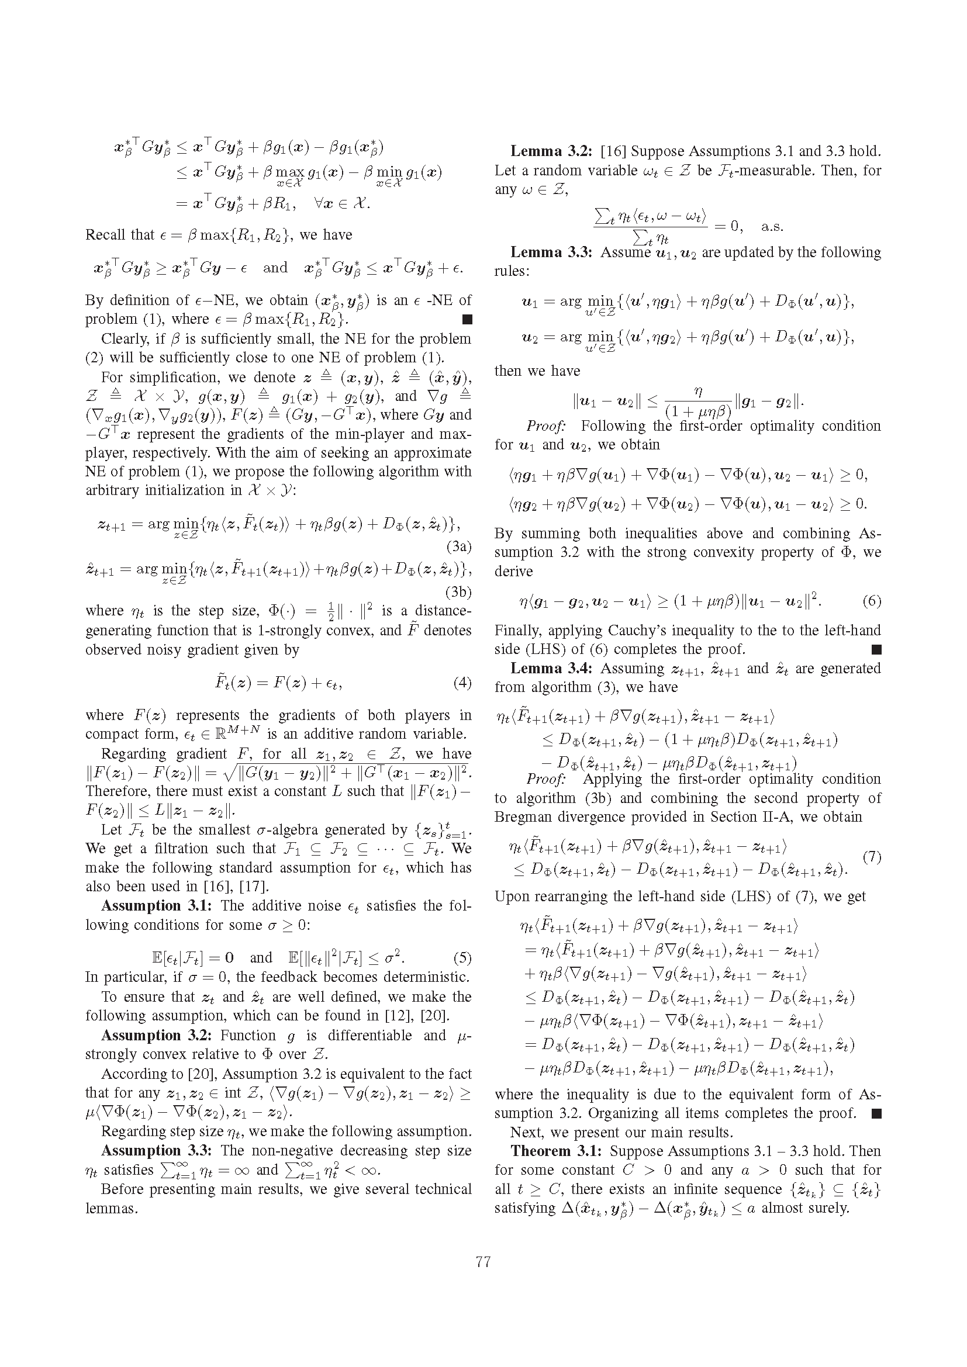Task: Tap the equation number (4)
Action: click(462, 682)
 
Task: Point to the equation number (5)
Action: click(462, 958)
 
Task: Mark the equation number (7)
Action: click(872, 857)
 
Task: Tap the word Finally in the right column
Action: click(516, 630)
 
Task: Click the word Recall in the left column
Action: click(105, 234)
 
